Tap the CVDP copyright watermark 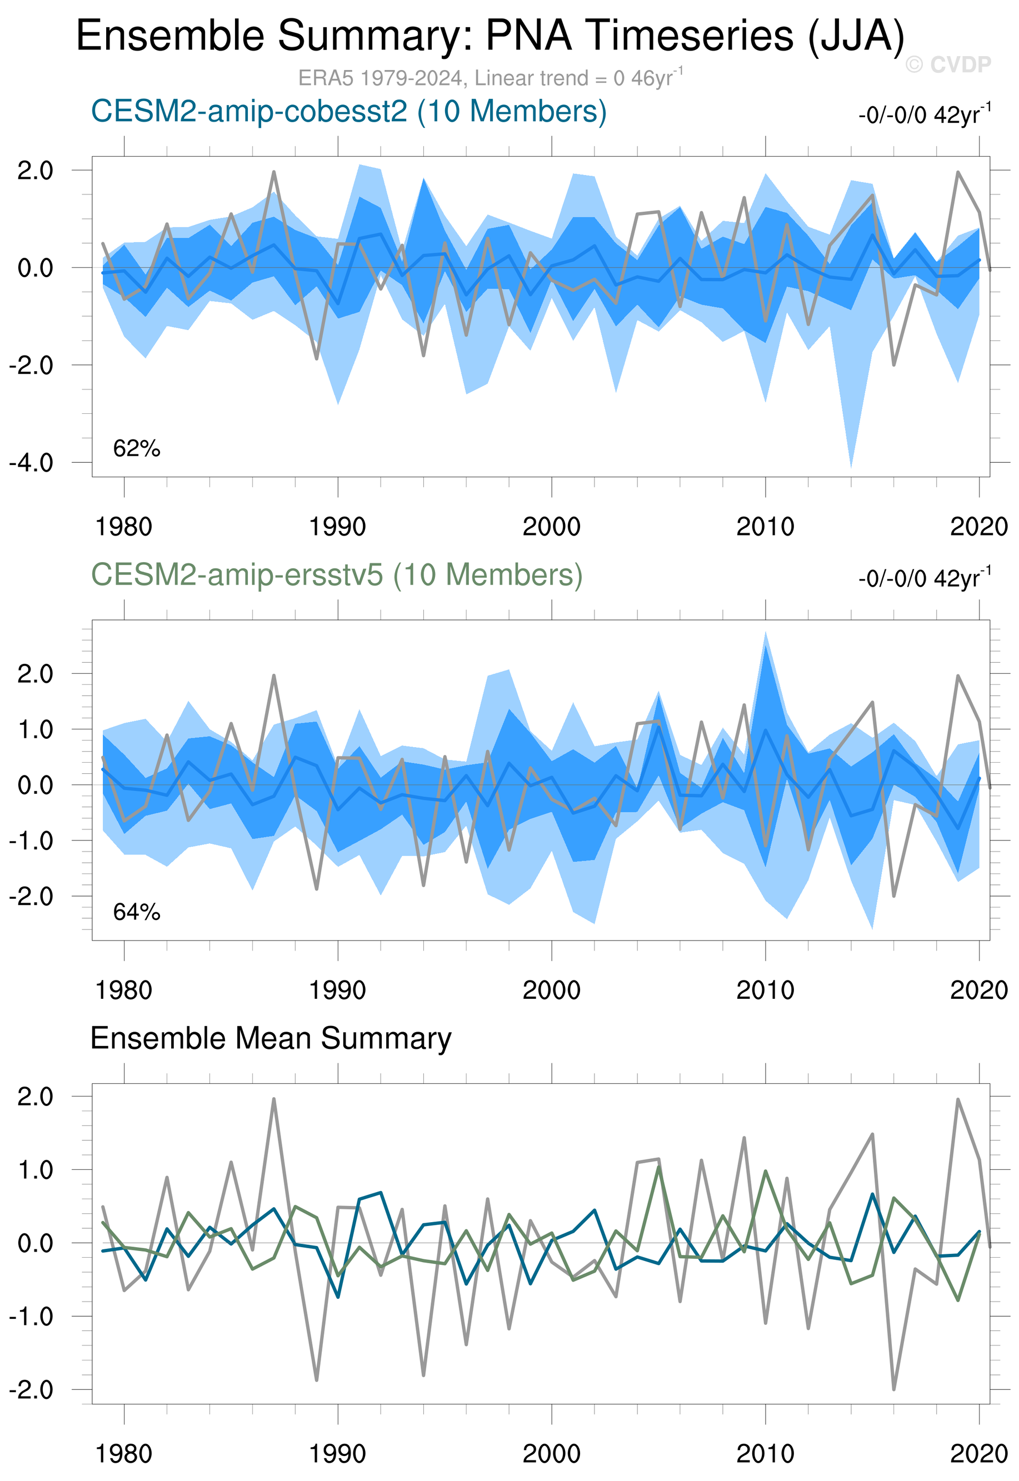tap(947, 64)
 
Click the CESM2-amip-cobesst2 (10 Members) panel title tap(348, 112)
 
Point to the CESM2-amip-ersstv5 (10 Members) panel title tap(337, 574)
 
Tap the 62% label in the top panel tap(136, 449)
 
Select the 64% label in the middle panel tap(136, 912)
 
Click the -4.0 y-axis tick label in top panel tap(31, 463)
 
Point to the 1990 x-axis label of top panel tap(337, 527)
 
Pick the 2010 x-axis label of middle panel tap(765, 990)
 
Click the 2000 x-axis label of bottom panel tap(551, 1454)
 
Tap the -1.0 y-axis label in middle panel tap(31, 840)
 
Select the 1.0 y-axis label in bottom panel tap(35, 1170)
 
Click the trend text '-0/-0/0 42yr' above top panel tap(924, 116)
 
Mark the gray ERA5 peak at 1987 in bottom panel tap(274, 1099)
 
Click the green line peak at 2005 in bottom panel tap(658, 1166)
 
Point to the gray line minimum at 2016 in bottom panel tap(894, 1389)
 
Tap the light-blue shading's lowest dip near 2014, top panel tap(851, 467)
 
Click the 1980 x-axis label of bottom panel tap(123, 1454)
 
